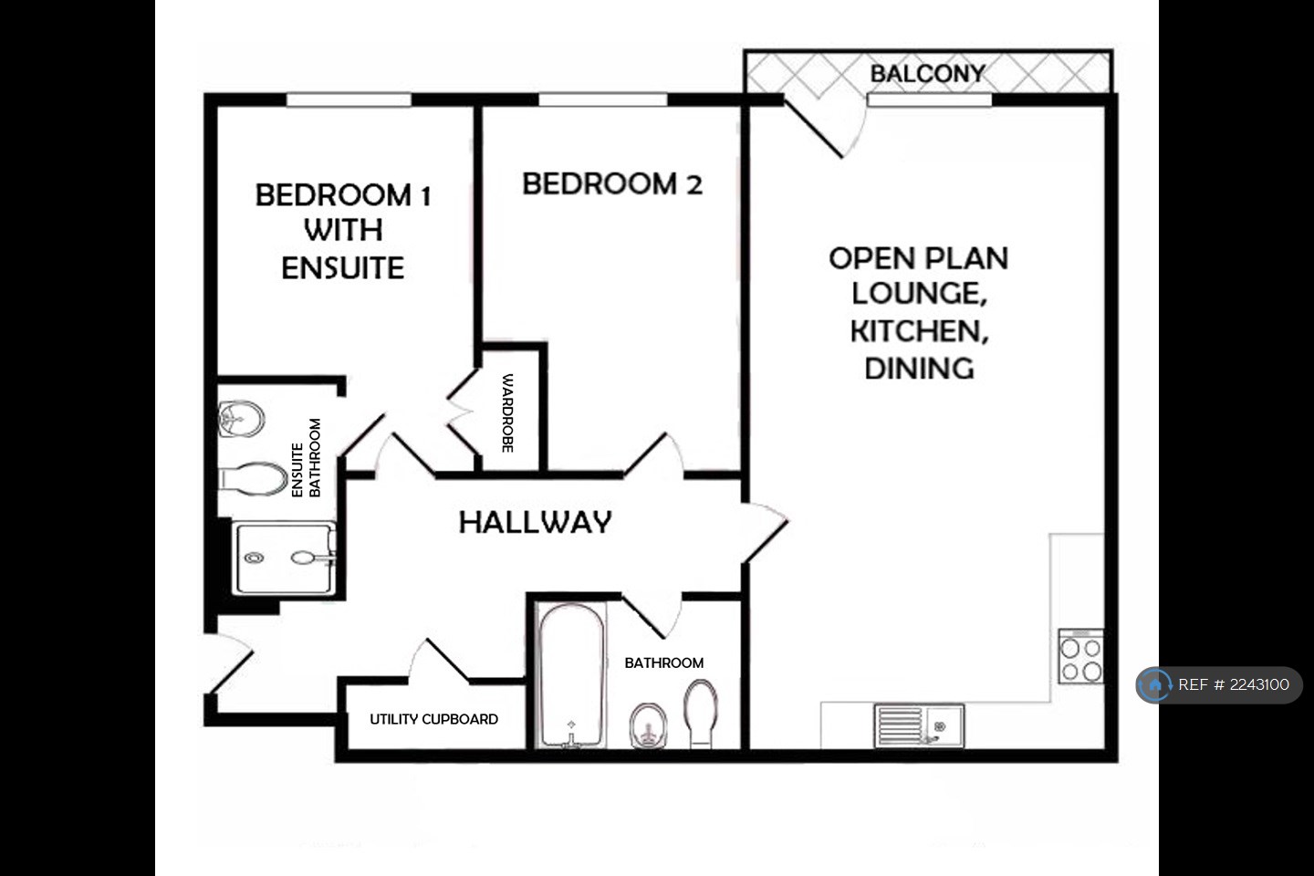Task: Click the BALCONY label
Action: point(927,73)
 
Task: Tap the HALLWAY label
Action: point(535,522)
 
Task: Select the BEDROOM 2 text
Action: point(611,183)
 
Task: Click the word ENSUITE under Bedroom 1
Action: point(342,268)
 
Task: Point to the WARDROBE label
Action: point(507,412)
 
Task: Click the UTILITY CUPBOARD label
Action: point(433,719)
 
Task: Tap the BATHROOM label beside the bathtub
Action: point(663,662)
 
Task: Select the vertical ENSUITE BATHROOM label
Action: point(306,458)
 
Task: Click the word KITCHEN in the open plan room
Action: point(918,330)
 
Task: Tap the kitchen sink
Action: point(918,725)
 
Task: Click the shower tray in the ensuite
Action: point(284,558)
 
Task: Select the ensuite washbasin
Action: point(242,420)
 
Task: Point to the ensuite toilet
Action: point(253,479)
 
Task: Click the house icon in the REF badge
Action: point(1155,684)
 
